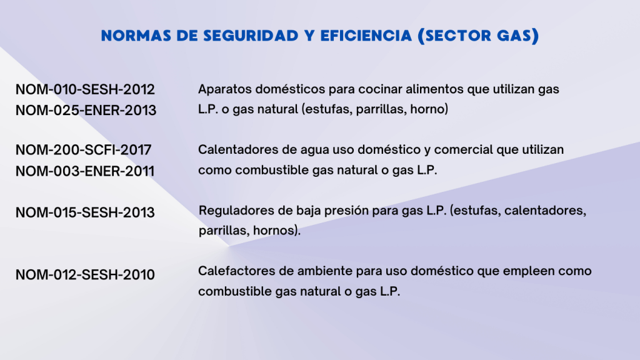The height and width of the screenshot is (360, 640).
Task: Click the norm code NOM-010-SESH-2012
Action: tap(85, 89)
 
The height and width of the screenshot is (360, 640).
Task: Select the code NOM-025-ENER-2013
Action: tap(86, 110)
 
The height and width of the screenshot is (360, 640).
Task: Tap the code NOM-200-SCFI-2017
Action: tap(83, 150)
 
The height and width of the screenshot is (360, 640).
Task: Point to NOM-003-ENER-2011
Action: tap(85, 171)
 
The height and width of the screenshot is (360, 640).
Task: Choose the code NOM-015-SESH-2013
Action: tap(85, 212)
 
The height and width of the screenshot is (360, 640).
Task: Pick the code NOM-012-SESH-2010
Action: tap(85, 275)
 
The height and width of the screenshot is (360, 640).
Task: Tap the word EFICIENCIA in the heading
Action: tap(366, 36)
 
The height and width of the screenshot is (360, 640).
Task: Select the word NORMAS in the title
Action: tap(136, 36)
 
